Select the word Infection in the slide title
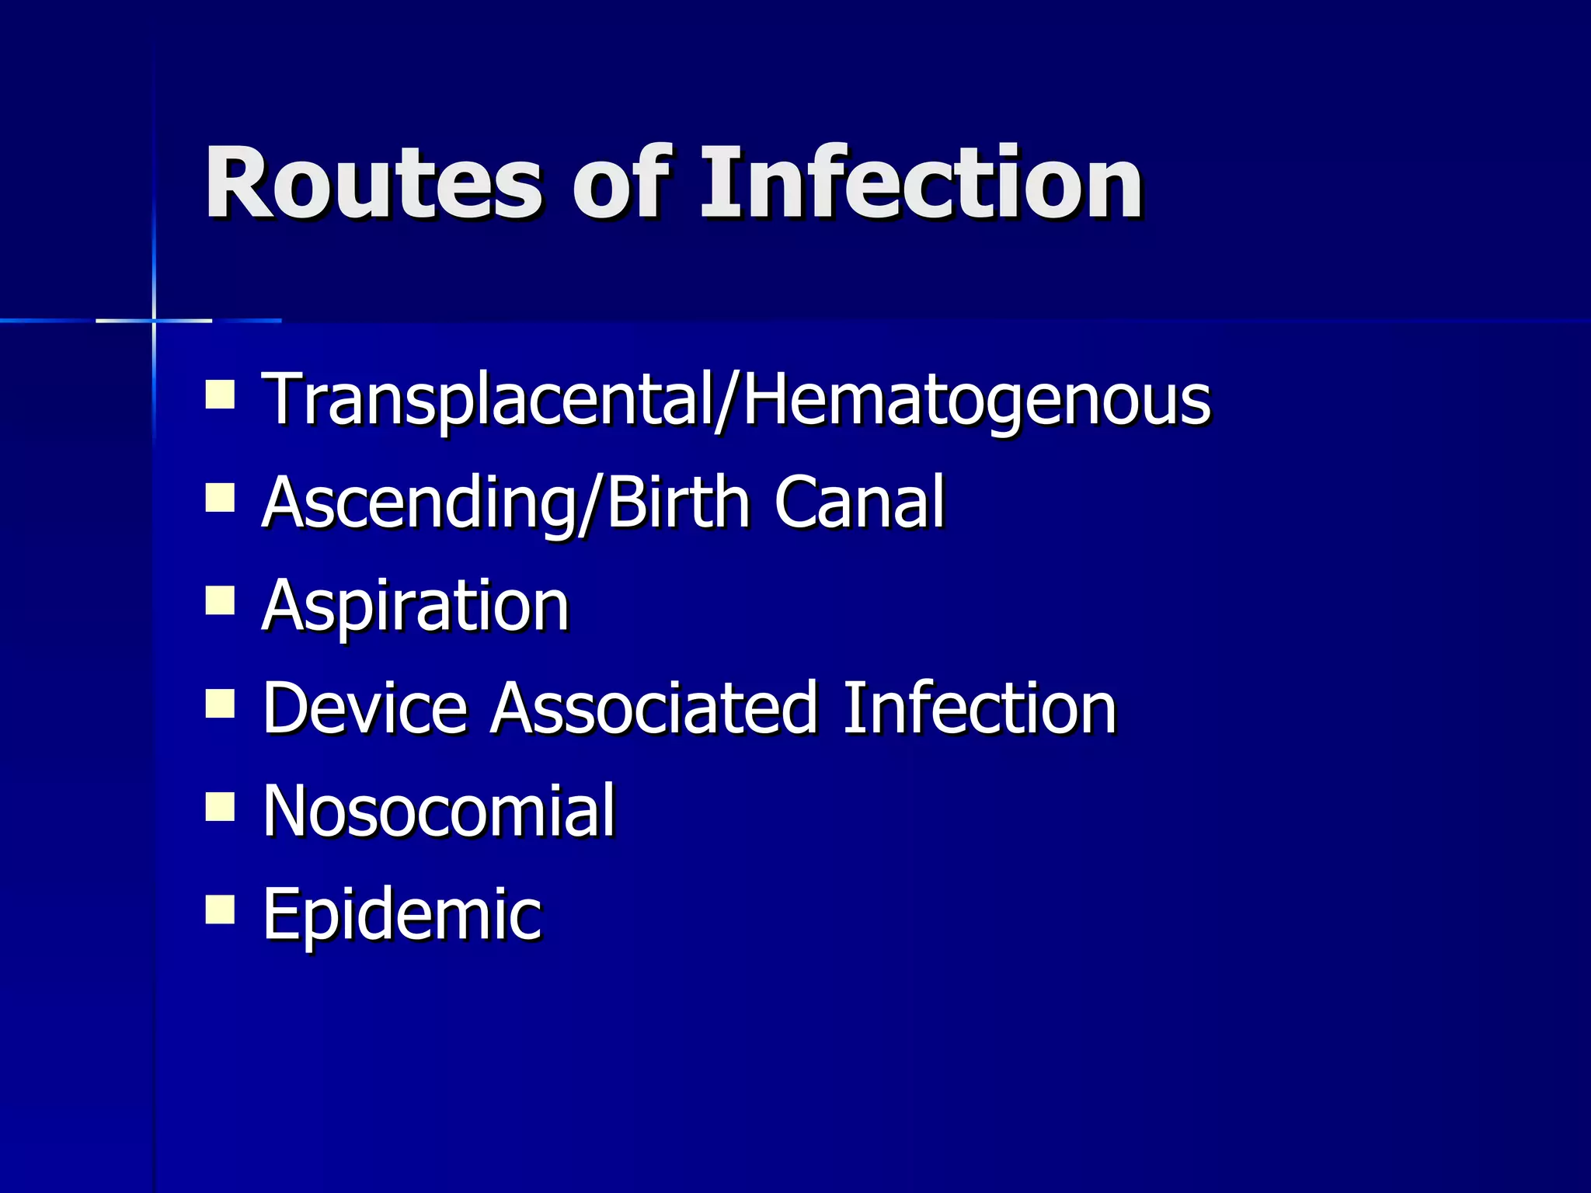(921, 184)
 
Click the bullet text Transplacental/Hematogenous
(736, 400)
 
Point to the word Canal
(859, 503)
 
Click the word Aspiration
(416, 606)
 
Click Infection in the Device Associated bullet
(980, 708)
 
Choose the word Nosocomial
(439, 811)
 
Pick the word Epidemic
(402, 914)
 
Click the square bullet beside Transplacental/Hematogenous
(220, 394)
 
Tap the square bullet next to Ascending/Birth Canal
(220, 497)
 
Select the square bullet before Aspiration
(220, 600)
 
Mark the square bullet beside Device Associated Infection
(220, 704)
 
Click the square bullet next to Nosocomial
(220, 806)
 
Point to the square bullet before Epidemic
(220, 909)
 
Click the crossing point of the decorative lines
(154, 320)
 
